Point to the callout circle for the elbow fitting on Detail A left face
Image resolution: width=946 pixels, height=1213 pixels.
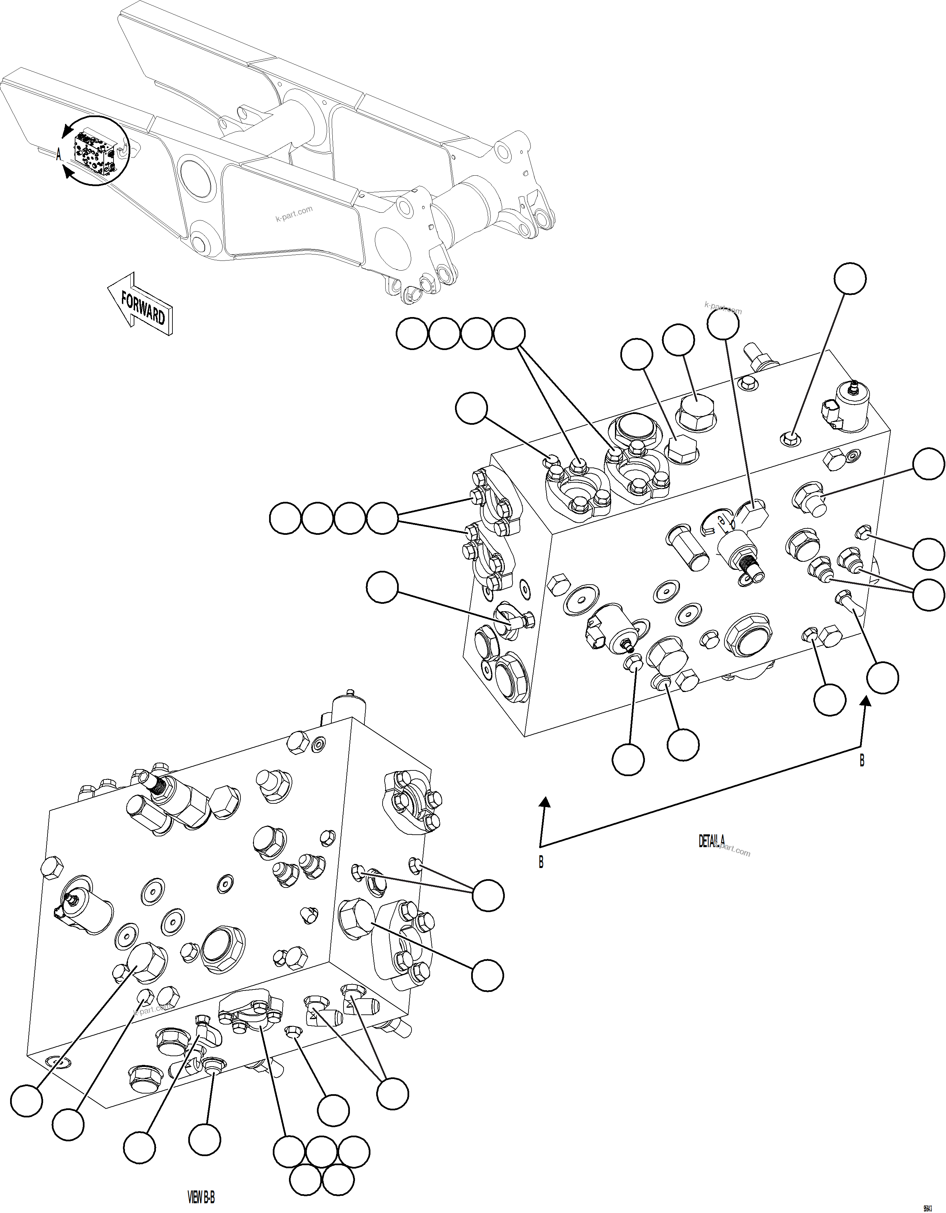pyautogui.click(x=382, y=587)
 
